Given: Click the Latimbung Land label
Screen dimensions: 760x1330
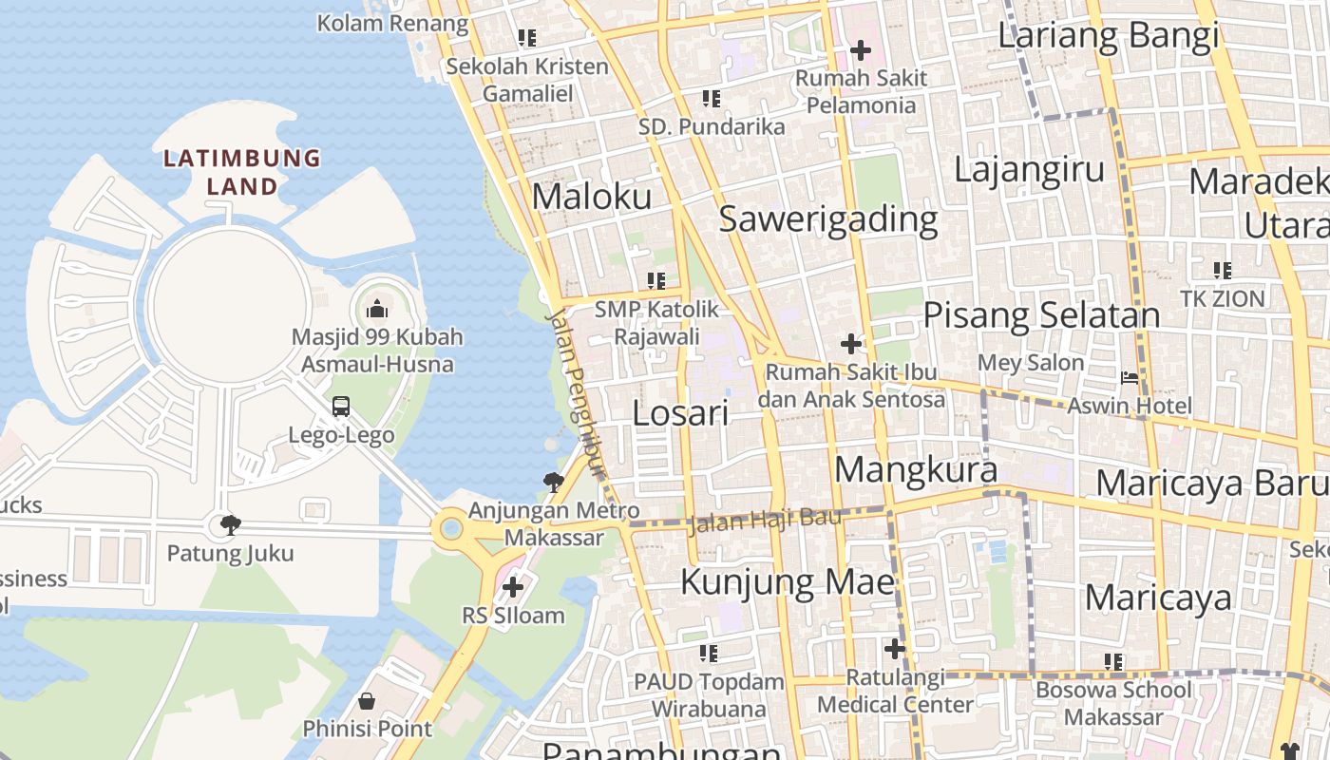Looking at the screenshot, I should tap(241, 172).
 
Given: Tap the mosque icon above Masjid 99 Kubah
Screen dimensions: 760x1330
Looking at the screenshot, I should tap(377, 309).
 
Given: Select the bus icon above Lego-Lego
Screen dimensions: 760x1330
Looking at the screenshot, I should tap(341, 407).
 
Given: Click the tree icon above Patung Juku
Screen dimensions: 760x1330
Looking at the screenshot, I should tap(230, 524).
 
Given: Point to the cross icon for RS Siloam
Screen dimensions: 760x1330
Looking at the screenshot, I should tap(513, 587).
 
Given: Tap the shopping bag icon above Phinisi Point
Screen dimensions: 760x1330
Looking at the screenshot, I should tap(367, 702).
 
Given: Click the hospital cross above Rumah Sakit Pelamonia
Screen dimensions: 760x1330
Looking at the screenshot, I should tap(861, 50).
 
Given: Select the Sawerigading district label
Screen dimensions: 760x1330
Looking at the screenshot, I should tap(828, 219).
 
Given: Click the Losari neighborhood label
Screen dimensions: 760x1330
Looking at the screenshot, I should tap(680, 413).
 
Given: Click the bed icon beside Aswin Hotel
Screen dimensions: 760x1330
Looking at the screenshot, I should tap(1130, 377).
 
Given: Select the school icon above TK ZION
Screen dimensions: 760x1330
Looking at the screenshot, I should tap(1223, 271).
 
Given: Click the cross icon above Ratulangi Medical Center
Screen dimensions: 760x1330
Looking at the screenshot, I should tap(895, 649).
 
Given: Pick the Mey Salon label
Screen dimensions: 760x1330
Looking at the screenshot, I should tap(1031, 363).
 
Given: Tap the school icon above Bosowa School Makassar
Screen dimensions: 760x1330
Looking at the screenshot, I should tap(1113, 661).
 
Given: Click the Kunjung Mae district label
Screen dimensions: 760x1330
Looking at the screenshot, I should tap(788, 581).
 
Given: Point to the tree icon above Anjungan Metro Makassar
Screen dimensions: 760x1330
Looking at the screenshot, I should tap(553, 483).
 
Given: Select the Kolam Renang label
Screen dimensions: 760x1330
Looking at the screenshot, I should tap(392, 23).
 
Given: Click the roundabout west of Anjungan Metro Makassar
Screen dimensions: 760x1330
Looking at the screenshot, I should tap(450, 528).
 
